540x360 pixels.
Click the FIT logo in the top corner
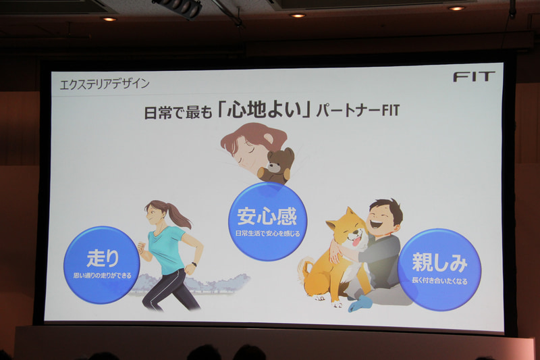474,76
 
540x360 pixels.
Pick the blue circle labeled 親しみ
439,269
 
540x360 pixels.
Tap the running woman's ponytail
177,214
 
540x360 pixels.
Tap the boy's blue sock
360,303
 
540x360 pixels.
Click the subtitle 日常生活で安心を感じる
267,234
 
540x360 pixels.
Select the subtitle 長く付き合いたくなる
439,280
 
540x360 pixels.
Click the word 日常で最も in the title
176,111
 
